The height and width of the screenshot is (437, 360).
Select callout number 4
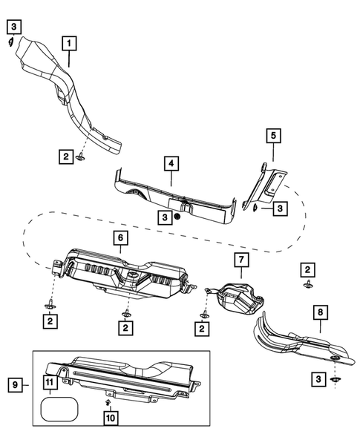point(171,163)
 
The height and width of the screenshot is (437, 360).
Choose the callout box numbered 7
point(240,260)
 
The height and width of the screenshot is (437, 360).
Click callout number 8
point(320,314)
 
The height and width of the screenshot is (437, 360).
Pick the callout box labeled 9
point(13,384)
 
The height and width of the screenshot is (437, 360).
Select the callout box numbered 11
point(48,383)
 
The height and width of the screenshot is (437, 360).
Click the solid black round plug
point(178,217)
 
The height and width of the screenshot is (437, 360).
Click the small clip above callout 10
point(109,401)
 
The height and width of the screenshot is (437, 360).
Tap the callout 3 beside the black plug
point(163,217)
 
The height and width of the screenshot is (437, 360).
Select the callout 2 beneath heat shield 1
point(65,156)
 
